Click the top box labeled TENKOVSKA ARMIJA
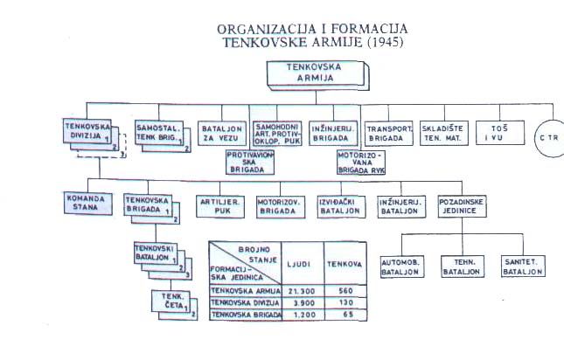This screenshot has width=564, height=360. tap(316, 73)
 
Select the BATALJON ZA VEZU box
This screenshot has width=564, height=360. tap(222, 134)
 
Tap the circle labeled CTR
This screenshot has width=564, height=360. tap(549, 138)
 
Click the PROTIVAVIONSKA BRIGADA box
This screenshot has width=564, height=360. tap(250, 162)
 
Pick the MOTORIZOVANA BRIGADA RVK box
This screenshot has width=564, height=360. tap(361, 163)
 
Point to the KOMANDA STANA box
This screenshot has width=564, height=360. tap(88, 204)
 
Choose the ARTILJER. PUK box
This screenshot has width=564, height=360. tap(220, 206)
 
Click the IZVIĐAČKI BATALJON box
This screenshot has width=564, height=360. tap(341, 206)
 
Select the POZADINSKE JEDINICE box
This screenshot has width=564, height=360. tap(463, 206)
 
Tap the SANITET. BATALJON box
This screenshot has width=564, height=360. tap(524, 267)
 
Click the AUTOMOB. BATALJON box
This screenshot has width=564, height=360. tap(402, 267)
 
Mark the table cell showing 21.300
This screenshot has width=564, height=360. tap(303, 291)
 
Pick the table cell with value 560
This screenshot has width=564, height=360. tap(345, 291)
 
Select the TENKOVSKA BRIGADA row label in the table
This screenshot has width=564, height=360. tap(246, 315)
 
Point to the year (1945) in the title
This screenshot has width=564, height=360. tap(386, 42)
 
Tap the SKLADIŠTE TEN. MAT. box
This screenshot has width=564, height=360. tap(444, 134)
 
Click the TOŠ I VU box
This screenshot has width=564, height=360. tap(500, 133)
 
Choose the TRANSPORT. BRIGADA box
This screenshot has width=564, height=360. tap(389, 134)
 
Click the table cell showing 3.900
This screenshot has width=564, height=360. tap(303, 303)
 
